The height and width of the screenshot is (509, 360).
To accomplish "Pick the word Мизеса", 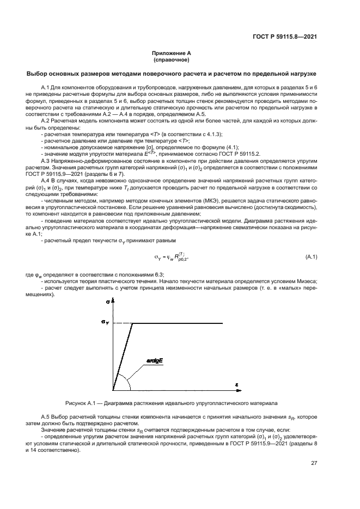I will click(306, 281).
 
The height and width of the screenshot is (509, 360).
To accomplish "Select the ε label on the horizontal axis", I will click(237, 385).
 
